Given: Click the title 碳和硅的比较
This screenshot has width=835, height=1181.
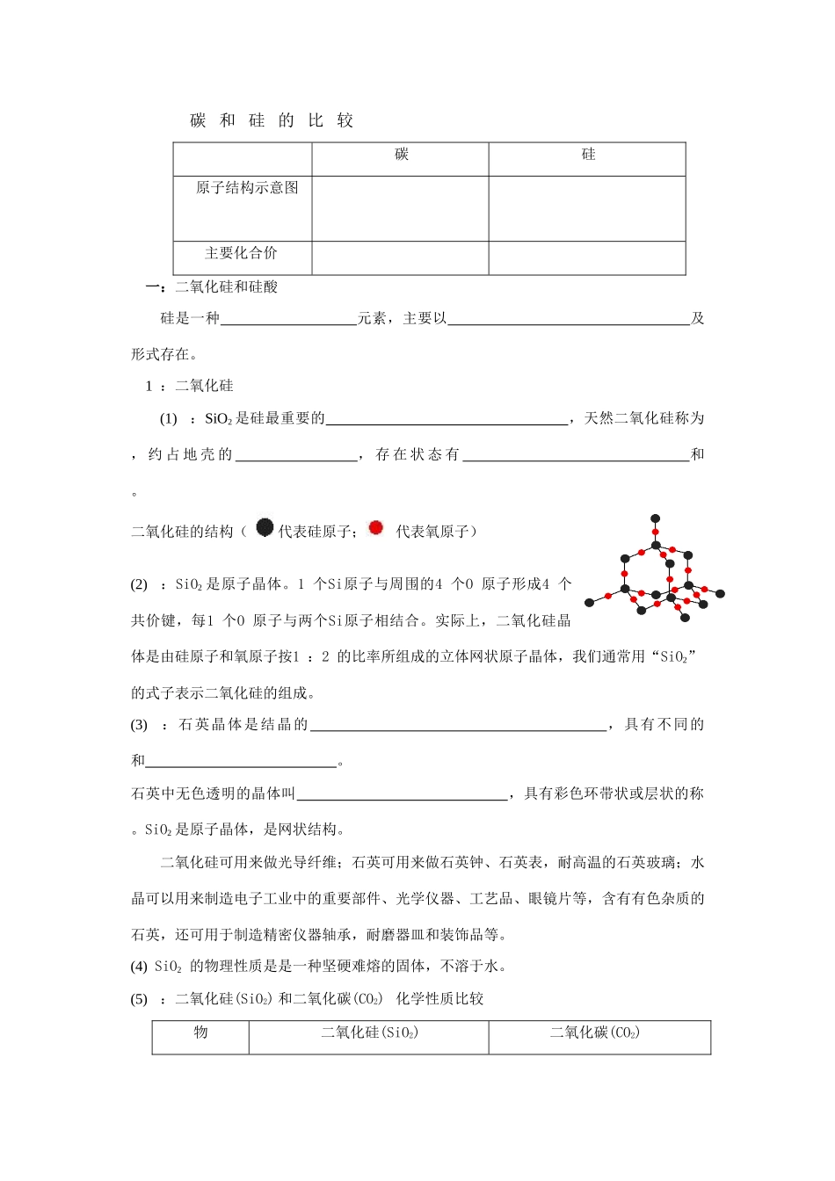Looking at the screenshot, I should click(272, 121).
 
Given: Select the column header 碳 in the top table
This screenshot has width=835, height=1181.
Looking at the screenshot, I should click(402, 155).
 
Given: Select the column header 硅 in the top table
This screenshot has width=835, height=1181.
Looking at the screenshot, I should click(588, 155).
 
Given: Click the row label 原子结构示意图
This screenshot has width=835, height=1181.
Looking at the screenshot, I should click(247, 187).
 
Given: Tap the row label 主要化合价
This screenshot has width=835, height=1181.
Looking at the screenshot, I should click(241, 253).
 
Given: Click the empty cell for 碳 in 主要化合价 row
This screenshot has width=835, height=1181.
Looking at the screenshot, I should click(400, 257).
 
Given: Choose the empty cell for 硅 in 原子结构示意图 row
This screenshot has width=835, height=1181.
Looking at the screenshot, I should click(587, 208).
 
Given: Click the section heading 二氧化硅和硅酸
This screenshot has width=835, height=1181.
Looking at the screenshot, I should click(226, 286).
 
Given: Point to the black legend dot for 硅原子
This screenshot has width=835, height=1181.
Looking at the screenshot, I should click(265, 527).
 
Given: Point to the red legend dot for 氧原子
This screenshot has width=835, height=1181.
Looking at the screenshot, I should click(376, 527).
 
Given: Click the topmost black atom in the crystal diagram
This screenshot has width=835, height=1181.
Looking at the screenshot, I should click(655, 519).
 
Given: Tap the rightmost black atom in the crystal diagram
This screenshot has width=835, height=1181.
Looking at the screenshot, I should click(721, 594).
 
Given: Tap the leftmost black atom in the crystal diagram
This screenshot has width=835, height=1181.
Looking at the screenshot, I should click(589, 603).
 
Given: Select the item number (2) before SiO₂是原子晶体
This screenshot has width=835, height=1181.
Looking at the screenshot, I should click(139, 584).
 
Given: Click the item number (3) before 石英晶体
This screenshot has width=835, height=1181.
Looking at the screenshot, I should click(139, 725).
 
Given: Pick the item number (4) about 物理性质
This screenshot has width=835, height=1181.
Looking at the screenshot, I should click(139, 967).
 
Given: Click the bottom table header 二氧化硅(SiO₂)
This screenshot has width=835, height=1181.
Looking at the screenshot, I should click(369, 1032).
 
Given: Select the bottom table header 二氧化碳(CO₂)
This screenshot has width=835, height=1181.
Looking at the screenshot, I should click(595, 1032).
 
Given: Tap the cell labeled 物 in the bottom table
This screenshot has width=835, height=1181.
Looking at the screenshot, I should click(200, 1032).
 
